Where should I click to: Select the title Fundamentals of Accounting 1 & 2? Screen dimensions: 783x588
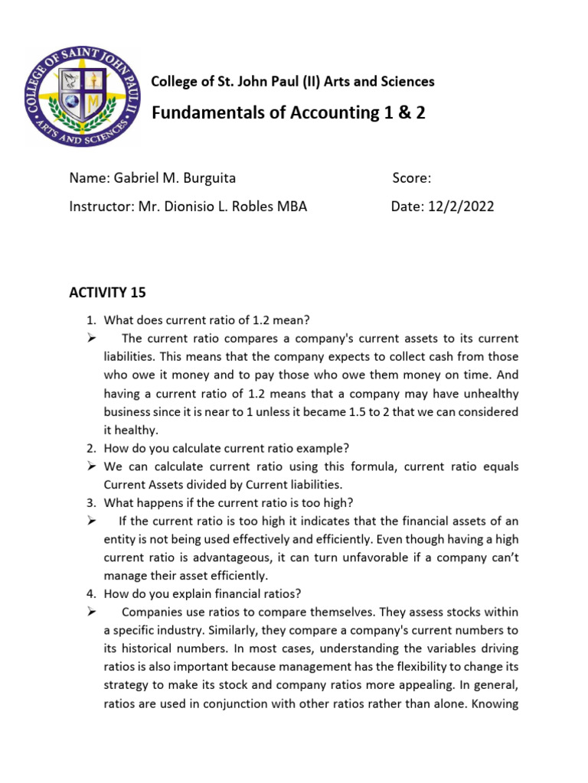pyautogui.click(x=289, y=113)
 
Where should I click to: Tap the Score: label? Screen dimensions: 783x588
pyautogui.click(x=412, y=178)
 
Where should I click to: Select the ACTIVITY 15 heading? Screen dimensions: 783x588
pyautogui.click(x=107, y=293)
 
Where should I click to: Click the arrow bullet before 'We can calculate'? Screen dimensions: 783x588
pyautogui.click(x=90, y=466)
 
